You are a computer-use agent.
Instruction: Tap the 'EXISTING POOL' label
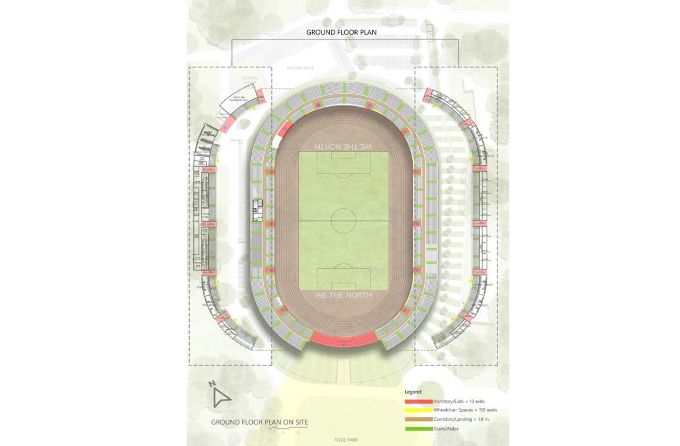point(300,68)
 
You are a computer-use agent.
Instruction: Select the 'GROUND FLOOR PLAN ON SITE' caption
point(259,422)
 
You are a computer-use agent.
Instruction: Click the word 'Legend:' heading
point(413,392)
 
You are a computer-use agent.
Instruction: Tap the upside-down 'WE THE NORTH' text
point(343,146)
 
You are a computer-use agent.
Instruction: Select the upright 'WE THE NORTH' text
point(343,295)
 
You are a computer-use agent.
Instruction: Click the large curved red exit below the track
point(344,339)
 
